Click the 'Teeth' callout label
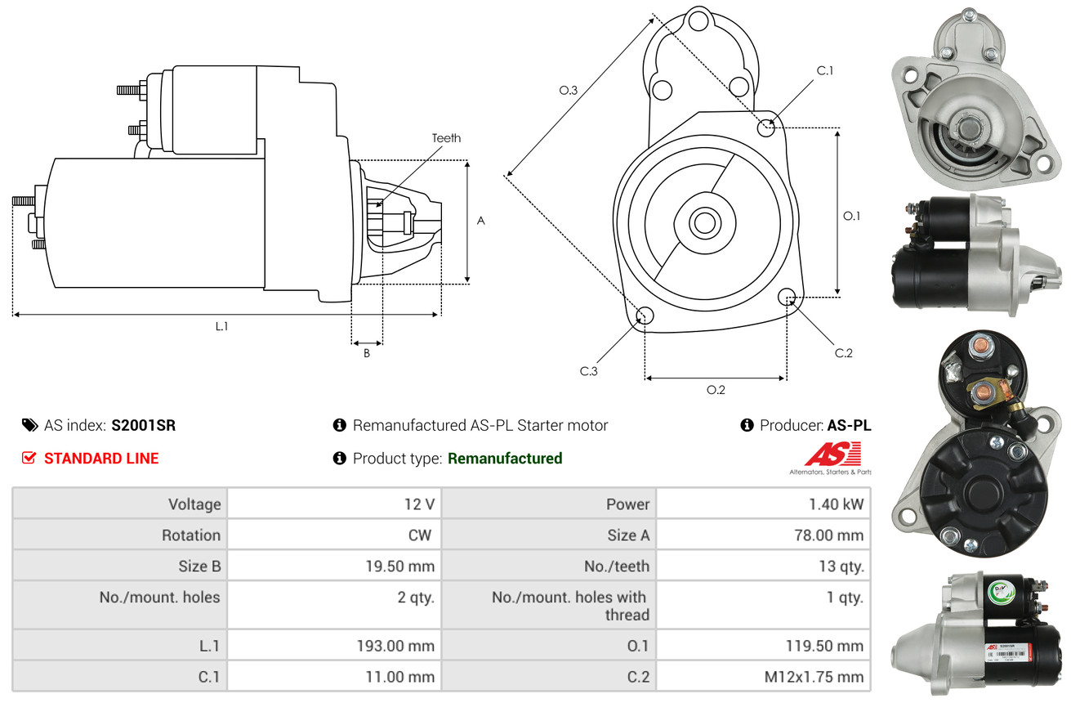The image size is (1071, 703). [446, 138]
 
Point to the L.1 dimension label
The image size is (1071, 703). [221, 326]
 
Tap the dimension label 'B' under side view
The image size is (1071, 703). [367, 354]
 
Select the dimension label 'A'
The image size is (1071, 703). [481, 221]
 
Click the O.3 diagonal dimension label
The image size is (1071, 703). [569, 91]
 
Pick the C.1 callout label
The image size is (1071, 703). [825, 70]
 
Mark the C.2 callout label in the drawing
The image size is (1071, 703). [843, 353]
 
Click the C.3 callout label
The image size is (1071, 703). [589, 371]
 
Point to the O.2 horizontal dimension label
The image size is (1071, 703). [716, 390]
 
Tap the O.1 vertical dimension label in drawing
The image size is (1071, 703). [851, 216]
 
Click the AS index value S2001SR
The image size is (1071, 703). [143, 425]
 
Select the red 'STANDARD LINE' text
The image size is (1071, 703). [101, 459]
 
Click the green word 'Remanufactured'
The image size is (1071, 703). [505, 459]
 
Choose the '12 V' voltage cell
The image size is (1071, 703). [419, 504]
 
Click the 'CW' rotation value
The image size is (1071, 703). [422, 535]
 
